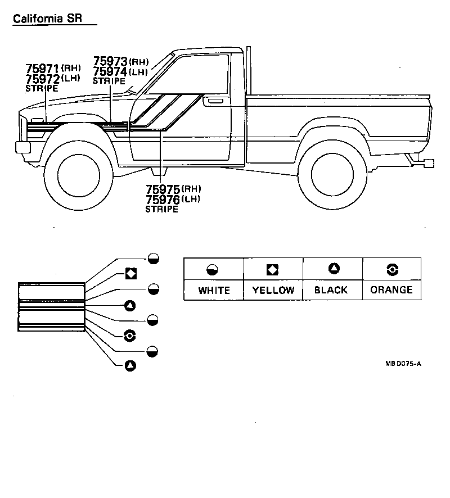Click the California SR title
(47, 19)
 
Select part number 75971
(42, 69)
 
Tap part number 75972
(43, 79)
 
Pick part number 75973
(110, 61)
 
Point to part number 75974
(110, 71)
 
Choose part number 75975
(163, 189)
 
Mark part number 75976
(163, 200)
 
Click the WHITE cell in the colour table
(214, 290)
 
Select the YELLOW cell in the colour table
(273, 290)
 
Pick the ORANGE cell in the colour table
(391, 289)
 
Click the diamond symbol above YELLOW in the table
(272, 270)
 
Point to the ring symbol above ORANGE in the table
(393, 270)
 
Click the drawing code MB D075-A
(403, 364)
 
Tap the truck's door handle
(215, 101)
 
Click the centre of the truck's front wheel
(79, 175)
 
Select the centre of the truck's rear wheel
(332, 174)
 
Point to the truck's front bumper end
(23, 147)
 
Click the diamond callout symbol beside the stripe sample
(131, 274)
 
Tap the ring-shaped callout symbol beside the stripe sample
(130, 336)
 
